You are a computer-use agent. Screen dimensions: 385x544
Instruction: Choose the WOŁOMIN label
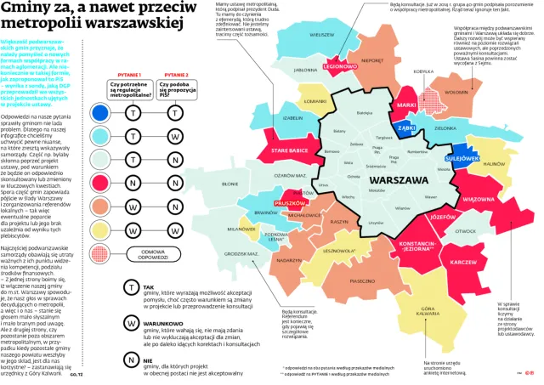457,92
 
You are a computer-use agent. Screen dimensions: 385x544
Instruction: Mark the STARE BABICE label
289,150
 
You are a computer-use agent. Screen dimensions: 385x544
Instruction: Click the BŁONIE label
229,183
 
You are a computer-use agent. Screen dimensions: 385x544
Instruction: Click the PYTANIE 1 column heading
125,75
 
